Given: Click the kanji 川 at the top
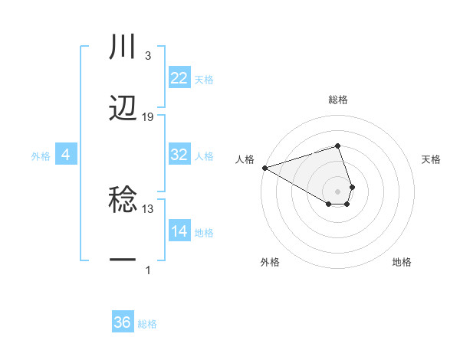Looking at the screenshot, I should (123, 47).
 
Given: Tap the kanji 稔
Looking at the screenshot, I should (123, 201).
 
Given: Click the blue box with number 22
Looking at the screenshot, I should (179, 78).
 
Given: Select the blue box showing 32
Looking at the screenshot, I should (179, 155).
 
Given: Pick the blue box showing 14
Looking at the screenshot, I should (179, 231).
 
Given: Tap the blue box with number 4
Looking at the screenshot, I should (66, 155).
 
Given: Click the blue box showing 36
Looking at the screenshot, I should (123, 322).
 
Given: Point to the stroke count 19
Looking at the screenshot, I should (148, 117).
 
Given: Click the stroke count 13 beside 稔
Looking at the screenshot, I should (148, 208).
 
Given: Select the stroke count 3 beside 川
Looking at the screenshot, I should (147, 56).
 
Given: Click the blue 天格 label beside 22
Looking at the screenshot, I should (204, 79).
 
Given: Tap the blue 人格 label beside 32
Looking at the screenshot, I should (204, 155).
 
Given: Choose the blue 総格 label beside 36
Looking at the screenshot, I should (147, 324).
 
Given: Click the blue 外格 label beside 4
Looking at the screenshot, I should (41, 155).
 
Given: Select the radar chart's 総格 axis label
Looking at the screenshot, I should (338, 100).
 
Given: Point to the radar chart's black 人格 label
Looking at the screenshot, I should (245, 159).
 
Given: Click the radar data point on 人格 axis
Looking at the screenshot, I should (264, 167).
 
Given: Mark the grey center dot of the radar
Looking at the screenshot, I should (338, 191).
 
